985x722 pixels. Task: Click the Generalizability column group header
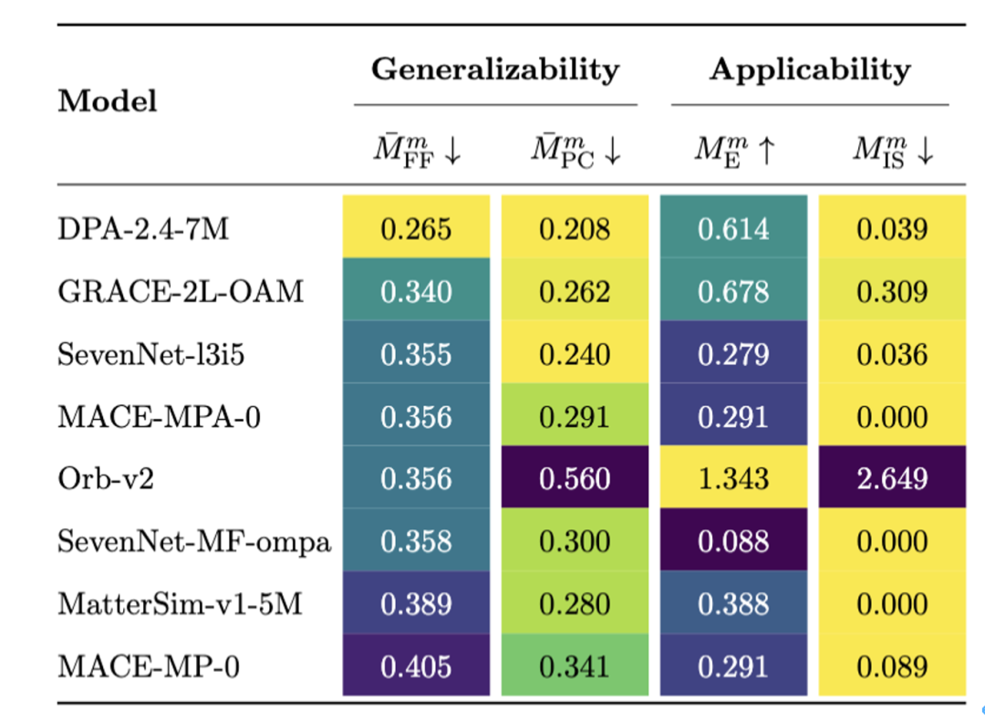point(494,69)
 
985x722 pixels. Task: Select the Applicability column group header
point(810,69)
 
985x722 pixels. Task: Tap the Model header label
point(108,100)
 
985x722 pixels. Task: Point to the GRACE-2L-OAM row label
point(180,291)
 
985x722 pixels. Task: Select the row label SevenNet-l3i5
point(151,354)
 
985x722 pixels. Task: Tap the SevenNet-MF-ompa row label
point(194,541)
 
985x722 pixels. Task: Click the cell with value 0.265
point(416,228)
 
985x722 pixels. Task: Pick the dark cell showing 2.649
point(891,479)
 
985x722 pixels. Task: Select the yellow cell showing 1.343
point(733,479)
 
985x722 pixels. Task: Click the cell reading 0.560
point(575,479)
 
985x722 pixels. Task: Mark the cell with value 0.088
point(733,541)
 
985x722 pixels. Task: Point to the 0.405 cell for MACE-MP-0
point(416,666)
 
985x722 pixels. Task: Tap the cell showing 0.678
point(733,291)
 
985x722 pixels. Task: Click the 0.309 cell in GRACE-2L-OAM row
point(891,291)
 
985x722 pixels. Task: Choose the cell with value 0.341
point(575,666)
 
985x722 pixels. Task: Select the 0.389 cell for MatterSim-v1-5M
point(416,604)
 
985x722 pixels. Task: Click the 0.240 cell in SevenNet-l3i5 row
point(575,354)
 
